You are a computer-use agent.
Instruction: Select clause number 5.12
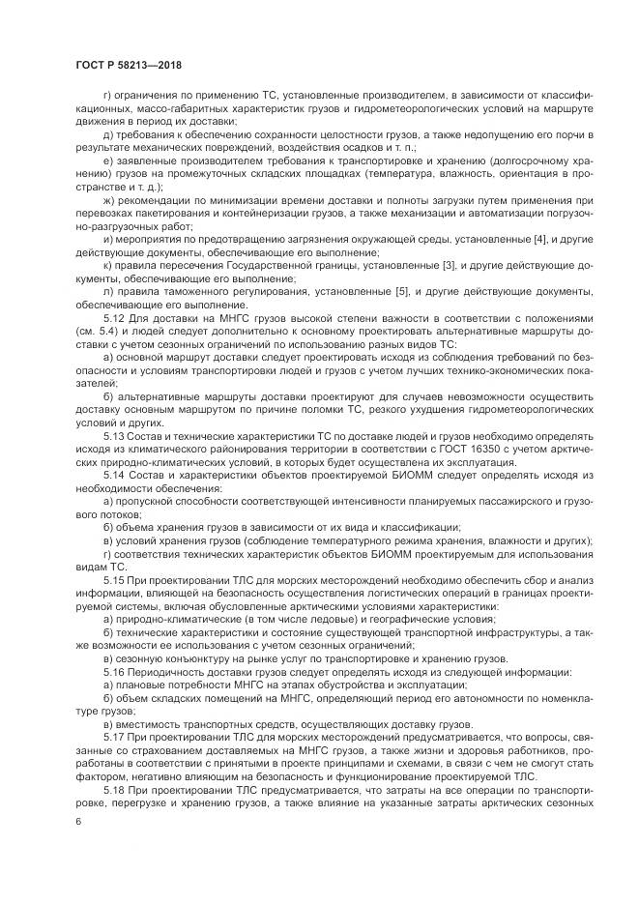point(113,331)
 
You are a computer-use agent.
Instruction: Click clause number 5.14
point(113,475)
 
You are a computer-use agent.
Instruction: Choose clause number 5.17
point(113,738)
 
